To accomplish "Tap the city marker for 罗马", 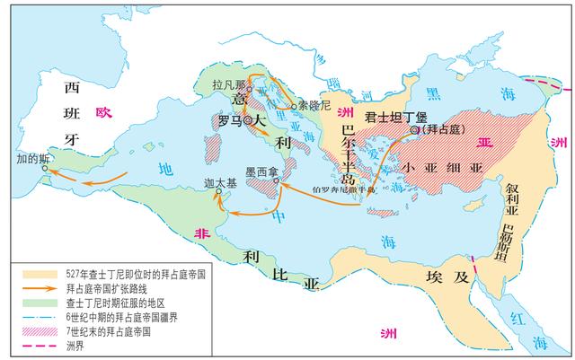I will click(248, 119).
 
